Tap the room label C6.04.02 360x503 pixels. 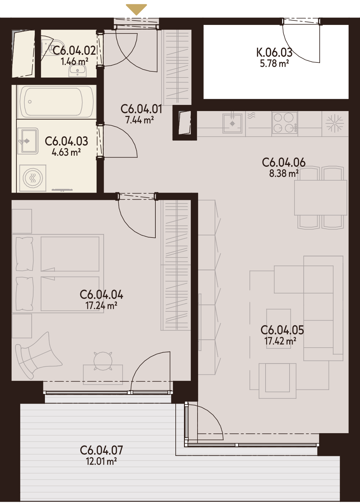74,50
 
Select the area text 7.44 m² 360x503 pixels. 139,120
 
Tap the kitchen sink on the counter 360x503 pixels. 232,123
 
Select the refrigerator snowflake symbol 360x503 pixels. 335,123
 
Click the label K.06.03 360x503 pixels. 274,53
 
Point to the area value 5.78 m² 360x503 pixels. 274,64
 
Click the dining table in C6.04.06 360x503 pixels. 321,198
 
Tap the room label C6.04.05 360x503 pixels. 282,330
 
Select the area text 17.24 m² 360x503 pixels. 101,305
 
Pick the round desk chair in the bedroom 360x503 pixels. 103,361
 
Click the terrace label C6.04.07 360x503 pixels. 101,450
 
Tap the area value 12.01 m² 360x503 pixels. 101,461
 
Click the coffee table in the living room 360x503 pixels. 278,329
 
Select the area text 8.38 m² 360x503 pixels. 284,173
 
